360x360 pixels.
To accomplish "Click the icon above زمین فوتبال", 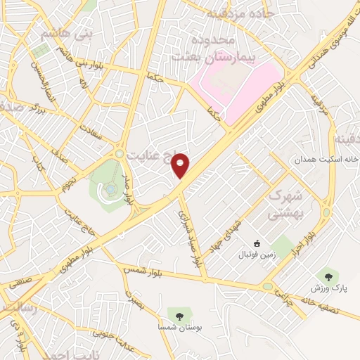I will coord(257,245).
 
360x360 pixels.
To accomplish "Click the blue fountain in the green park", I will coord(110,188).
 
